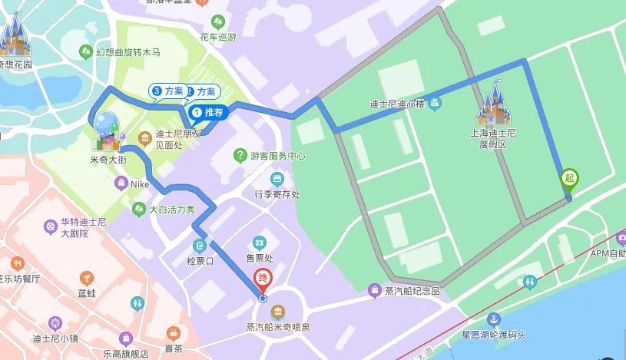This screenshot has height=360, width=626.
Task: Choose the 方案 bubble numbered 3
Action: coord(168,91)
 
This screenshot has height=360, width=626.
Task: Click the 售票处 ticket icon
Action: coord(259,243)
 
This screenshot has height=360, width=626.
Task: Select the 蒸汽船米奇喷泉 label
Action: coord(278,326)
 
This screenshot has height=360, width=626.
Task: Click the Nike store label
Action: coord(139,183)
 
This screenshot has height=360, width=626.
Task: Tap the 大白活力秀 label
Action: coord(171,209)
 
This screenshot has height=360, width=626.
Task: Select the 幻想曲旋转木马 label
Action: coord(128,52)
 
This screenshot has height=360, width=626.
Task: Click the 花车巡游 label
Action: coord(218,36)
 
